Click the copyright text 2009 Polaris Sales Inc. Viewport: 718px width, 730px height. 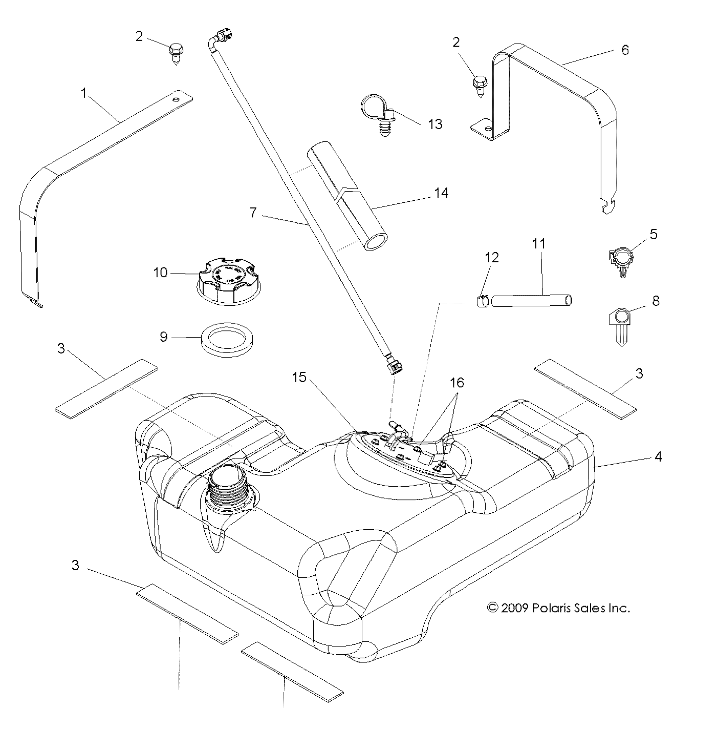(x=558, y=608)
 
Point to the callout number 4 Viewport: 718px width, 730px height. (x=658, y=456)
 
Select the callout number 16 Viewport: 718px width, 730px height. (x=456, y=383)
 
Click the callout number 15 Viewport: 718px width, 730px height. (x=299, y=378)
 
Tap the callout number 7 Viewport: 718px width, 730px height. (x=253, y=212)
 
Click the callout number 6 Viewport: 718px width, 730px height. (x=624, y=50)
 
